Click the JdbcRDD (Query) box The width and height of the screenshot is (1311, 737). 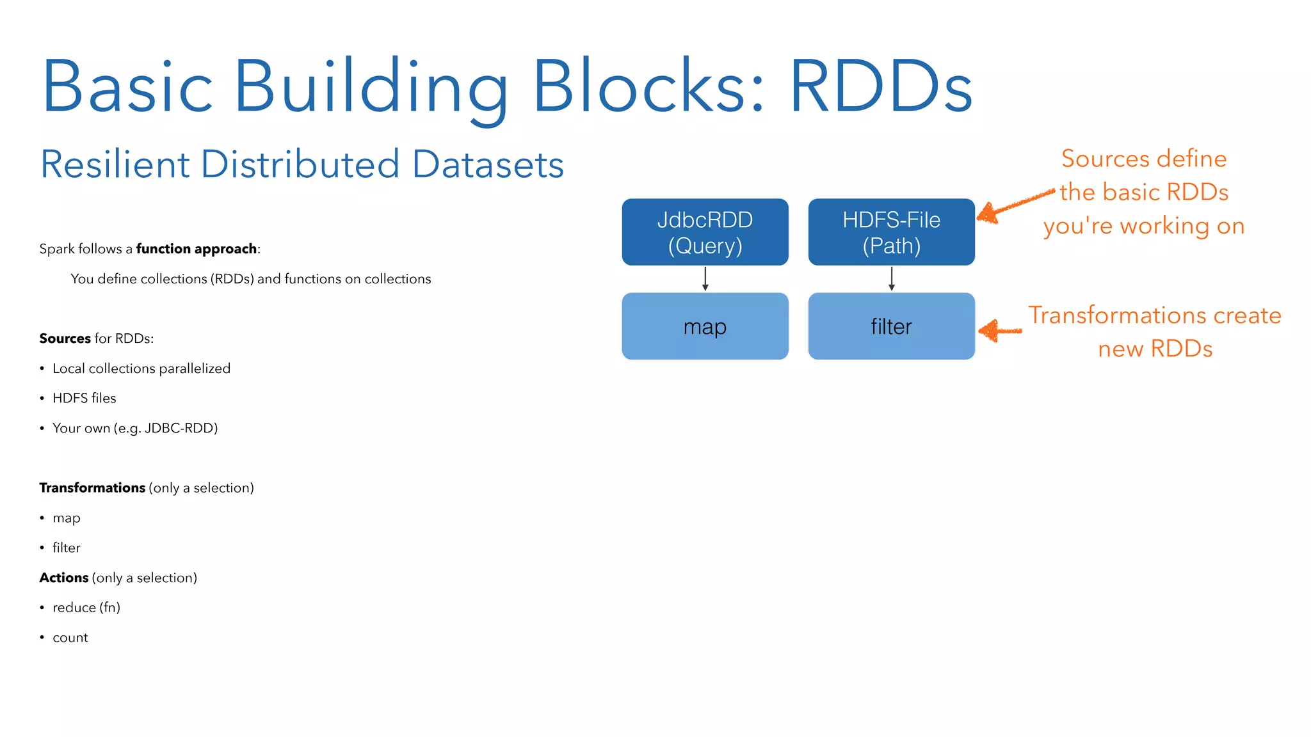pyautogui.click(x=705, y=232)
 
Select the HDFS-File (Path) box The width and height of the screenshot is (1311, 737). pyautogui.click(x=891, y=232)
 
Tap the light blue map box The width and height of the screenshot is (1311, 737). pyautogui.click(x=705, y=326)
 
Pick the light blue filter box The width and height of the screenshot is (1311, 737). pyautogui.click(x=891, y=326)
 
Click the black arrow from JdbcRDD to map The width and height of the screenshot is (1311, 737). pyautogui.click(x=705, y=279)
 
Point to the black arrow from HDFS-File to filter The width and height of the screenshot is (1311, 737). pyautogui.click(x=891, y=279)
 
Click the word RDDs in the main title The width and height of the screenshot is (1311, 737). pyautogui.click(x=881, y=87)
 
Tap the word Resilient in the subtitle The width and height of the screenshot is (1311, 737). pyautogui.click(x=115, y=164)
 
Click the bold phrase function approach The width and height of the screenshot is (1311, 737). pyautogui.click(x=197, y=249)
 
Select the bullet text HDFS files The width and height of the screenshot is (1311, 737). pyautogui.click(x=84, y=398)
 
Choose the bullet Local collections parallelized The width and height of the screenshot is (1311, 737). pyautogui.click(x=141, y=368)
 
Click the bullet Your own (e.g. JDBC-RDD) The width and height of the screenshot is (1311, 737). pyautogui.click(x=134, y=428)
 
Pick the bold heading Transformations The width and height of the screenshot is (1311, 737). pyautogui.click(x=92, y=487)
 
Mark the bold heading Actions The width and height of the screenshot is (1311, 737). pyautogui.click(x=63, y=578)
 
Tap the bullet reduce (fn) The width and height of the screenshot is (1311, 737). pyautogui.click(x=86, y=607)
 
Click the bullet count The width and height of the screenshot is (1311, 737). pyautogui.click(x=70, y=637)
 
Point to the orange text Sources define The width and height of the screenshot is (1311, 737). pyautogui.click(x=1143, y=159)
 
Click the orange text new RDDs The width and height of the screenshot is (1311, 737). pyautogui.click(x=1155, y=349)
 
